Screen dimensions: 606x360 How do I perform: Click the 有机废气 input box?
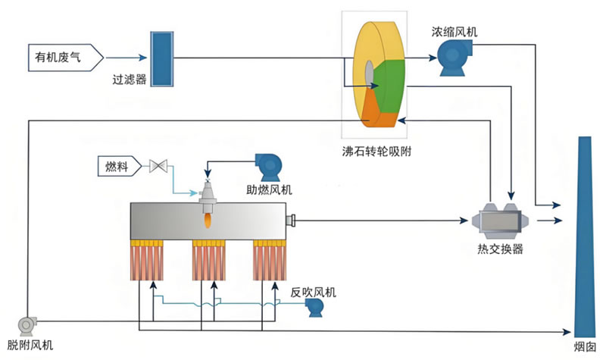[66, 58]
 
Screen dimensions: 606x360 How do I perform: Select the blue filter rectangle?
[162, 59]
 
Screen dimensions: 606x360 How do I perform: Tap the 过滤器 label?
[130, 80]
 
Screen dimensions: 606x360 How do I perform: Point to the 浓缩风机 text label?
[454, 31]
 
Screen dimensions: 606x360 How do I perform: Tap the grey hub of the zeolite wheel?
[370, 74]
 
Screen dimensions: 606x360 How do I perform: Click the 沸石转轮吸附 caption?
[376, 151]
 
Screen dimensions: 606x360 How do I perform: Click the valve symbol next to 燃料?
[158, 166]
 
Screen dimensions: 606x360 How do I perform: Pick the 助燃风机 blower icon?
[268, 167]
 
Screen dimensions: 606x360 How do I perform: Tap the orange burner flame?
[208, 221]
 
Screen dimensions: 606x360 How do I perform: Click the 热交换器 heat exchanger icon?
[500, 221]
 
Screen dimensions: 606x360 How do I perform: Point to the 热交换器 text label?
[500, 249]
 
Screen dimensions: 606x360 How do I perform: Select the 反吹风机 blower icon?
[314, 308]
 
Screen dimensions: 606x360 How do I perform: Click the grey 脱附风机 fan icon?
[27, 326]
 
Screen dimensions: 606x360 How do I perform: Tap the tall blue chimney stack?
[584, 236]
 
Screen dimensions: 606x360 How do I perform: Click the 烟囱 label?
[584, 346]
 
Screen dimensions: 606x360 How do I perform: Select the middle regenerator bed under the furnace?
[209, 260]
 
